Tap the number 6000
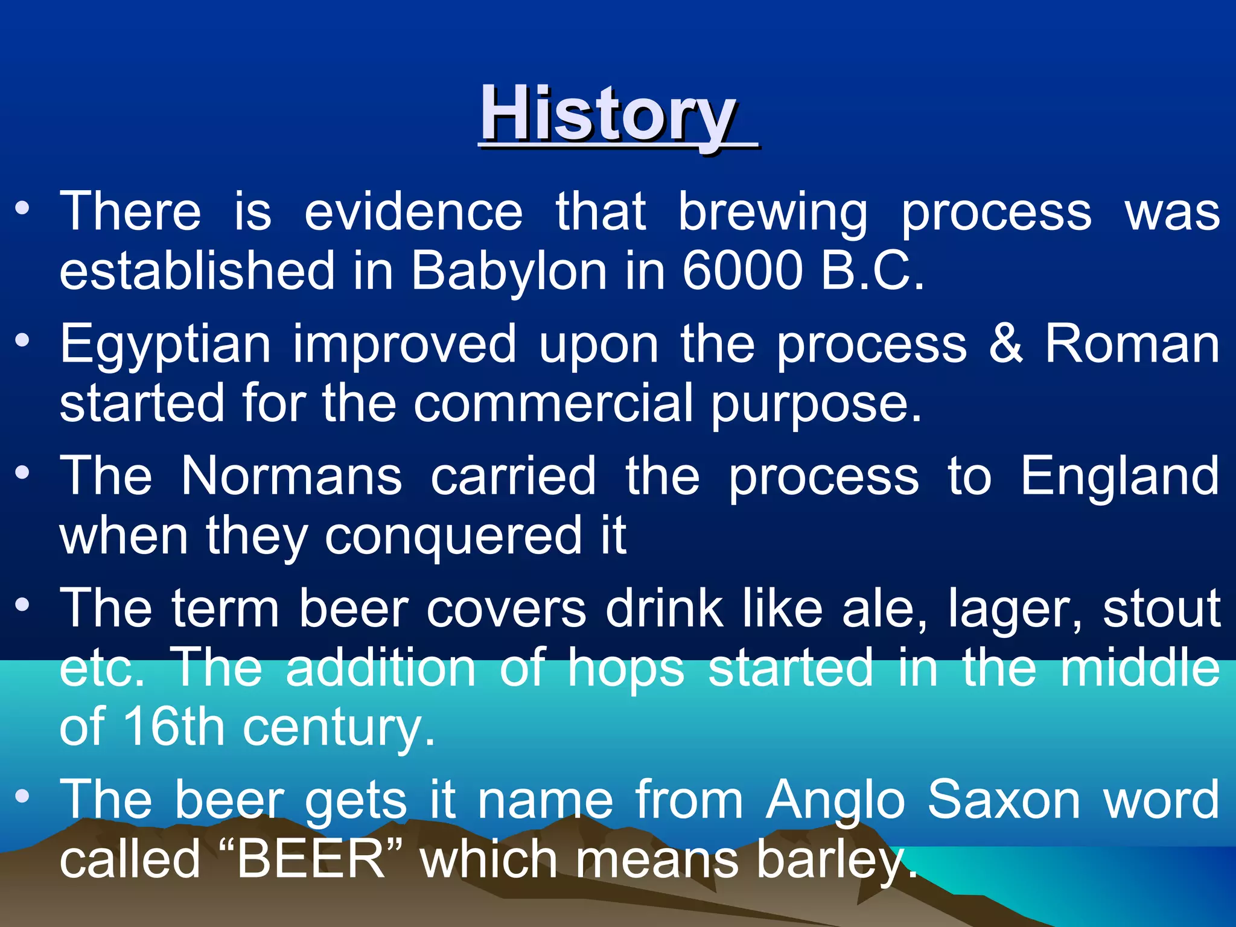[x=743, y=271]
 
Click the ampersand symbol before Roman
[x=1005, y=343]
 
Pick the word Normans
[x=291, y=476]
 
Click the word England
[x=1120, y=476]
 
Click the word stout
[x=1162, y=608]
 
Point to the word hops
[x=626, y=669]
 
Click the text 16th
[x=174, y=727]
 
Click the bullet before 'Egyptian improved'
[x=22, y=341]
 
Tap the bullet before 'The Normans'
[x=22, y=473]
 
